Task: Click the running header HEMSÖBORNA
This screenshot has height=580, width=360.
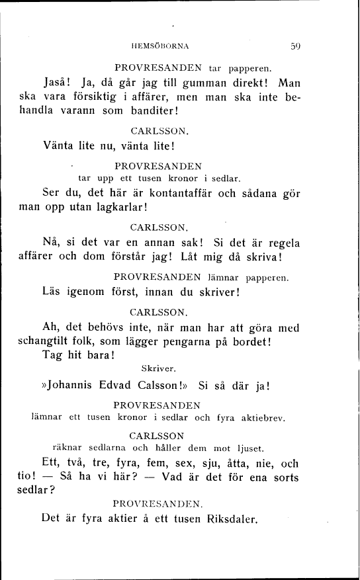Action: (161, 46)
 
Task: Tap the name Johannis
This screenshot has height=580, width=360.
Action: (76, 386)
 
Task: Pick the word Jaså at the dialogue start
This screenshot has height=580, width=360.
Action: (57, 84)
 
